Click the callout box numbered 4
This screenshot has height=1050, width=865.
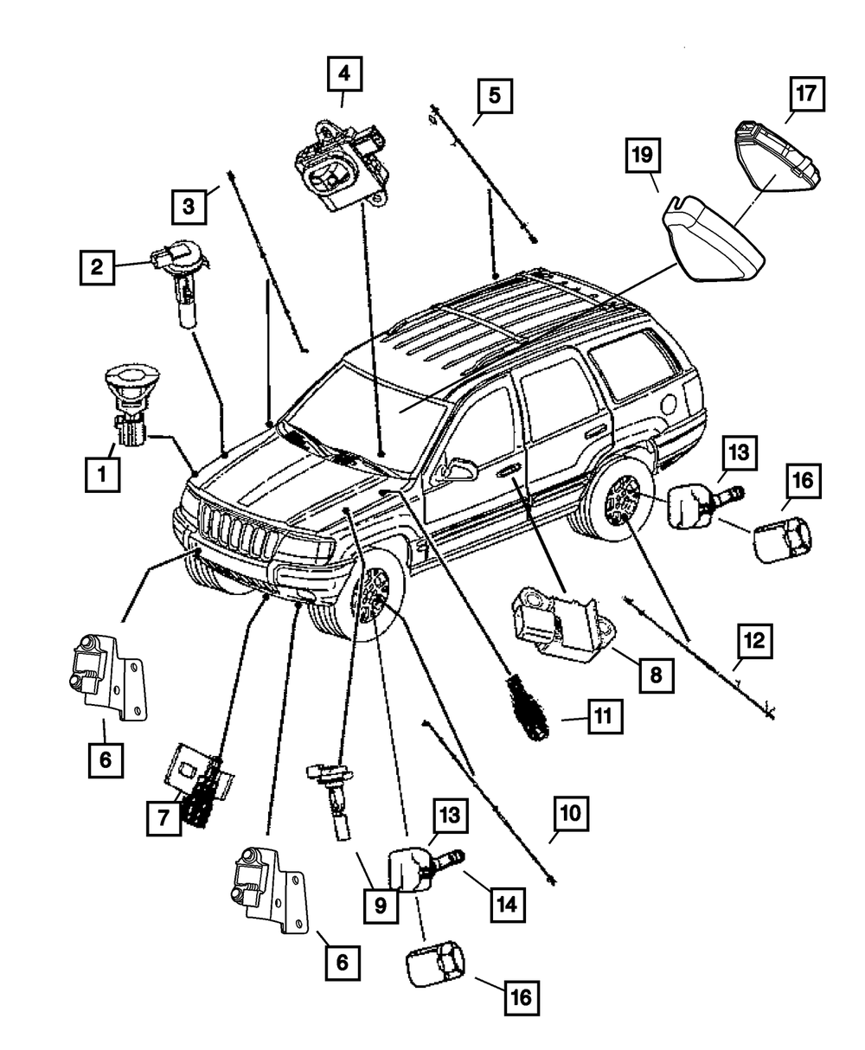344,74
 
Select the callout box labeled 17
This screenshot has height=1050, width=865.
807,93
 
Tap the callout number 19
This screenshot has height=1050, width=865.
644,156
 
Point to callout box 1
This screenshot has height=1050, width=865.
103,474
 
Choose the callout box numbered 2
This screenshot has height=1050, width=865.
97,267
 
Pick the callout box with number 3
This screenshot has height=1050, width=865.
189,206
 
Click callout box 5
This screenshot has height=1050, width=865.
496,95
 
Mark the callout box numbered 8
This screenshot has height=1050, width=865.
657,675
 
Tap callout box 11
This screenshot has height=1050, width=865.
605,716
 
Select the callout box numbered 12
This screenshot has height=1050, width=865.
755,641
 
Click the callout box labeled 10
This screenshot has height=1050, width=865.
571,814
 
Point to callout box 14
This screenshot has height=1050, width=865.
508,905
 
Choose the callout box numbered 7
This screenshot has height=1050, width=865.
164,818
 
